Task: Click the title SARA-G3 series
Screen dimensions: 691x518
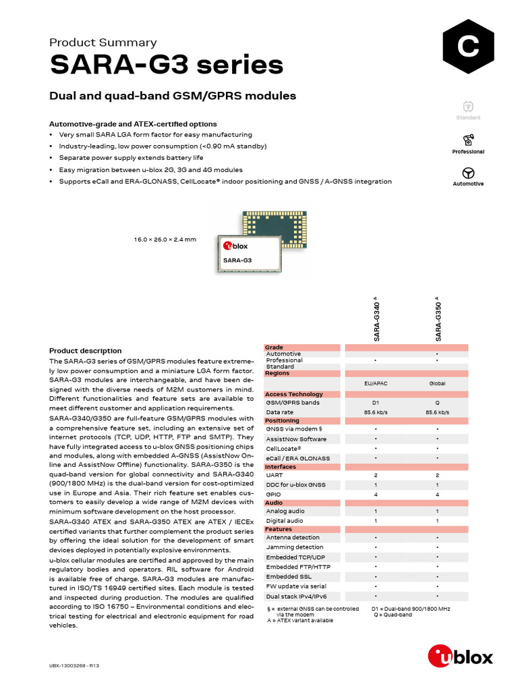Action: pos(166,65)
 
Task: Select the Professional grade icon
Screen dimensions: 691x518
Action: pos(468,140)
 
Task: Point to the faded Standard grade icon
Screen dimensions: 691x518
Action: pos(468,107)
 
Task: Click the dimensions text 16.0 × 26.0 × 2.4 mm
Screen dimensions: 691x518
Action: pos(165,240)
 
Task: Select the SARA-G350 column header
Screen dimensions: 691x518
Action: pos(438,319)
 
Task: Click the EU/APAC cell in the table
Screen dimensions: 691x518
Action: pos(375,383)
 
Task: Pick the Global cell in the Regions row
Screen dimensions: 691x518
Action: pos(437,383)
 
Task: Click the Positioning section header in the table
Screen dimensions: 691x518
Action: pos(282,420)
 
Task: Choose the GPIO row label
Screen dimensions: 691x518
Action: pos(275,495)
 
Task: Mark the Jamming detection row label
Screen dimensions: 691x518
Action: pos(295,547)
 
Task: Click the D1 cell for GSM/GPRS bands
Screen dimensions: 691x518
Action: pos(375,403)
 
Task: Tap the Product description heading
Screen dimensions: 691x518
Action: pos(86,351)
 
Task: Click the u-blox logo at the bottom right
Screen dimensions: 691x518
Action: pos(461,655)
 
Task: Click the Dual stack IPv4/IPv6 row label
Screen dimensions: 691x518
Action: pos(296,597)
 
